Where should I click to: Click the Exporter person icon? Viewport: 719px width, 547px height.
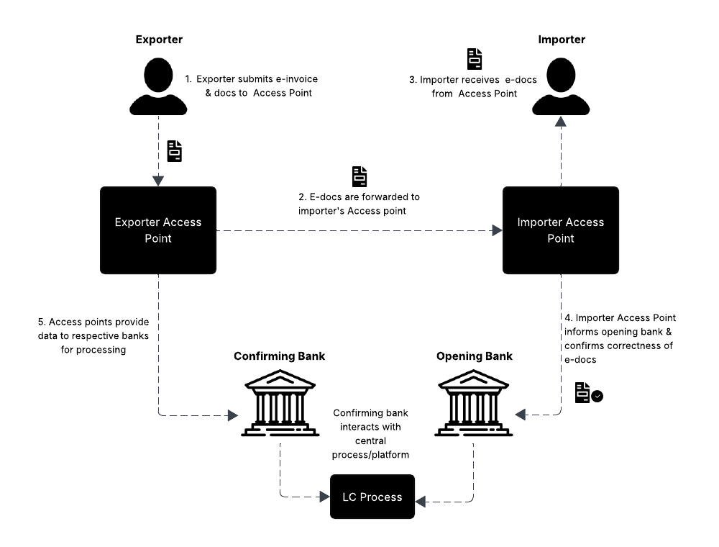pos(158,86)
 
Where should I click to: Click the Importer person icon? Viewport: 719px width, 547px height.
pos(560,86)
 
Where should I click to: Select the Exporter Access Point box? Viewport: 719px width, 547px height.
pos(158,230)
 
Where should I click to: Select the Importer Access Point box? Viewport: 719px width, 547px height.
pos(560,230)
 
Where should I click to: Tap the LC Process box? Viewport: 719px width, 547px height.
pos(372,497)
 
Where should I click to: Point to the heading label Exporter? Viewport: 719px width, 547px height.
pos(159,40)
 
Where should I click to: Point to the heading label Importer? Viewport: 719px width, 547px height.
pos(562,40)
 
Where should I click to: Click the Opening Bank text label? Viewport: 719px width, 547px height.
pos(474,356)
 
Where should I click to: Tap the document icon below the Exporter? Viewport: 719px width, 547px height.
pos(175,151)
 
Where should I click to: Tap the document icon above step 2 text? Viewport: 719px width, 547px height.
pos(359,177)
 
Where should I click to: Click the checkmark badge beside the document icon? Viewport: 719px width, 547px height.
pos(597,396)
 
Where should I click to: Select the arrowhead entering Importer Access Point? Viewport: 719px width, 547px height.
pos(497,230)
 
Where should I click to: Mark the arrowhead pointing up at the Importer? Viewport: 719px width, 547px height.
pos(560,122)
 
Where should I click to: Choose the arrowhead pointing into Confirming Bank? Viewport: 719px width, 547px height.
pos(232,415)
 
